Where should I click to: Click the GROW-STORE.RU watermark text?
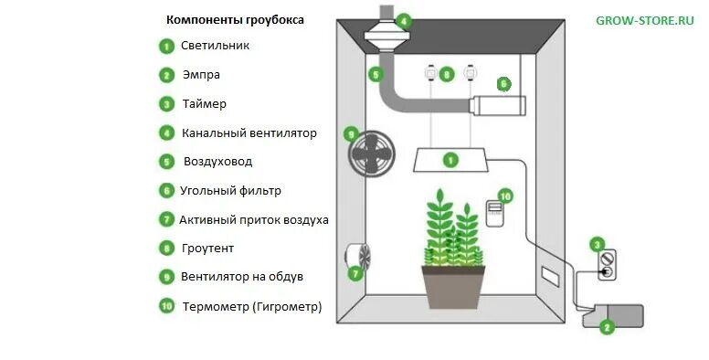click(x=644, y=20)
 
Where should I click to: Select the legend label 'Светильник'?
click(x=215, y=45)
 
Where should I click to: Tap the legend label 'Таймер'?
click(x=204, y=104)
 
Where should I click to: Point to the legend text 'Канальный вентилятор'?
click(x=249, y=133)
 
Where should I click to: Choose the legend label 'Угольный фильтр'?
click(x=231, y=191)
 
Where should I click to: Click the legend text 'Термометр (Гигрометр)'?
click(x=252, y=307)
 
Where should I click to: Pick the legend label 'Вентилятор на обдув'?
click(x=242, y=276)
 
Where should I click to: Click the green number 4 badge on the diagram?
click(x=404, y=19)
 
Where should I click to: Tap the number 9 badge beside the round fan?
click(x=350, y=133)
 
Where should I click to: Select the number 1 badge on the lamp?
click(x=450, y=160)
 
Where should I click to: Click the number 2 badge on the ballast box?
click(x=604, y=325)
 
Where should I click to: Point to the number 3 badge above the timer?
click(x=597, y=244)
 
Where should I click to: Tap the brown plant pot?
click(x=453, y=285)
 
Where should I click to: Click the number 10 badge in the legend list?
click(x=166, y=307)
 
